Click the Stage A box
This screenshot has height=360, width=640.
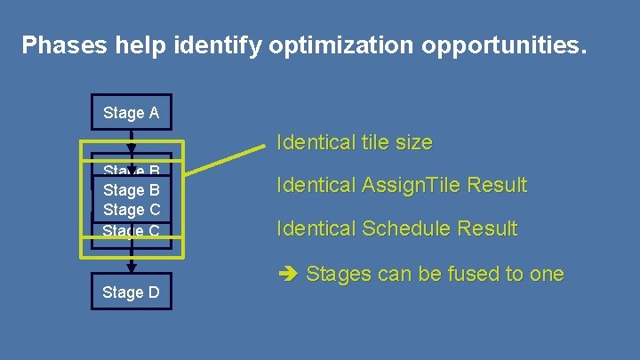(132, 113)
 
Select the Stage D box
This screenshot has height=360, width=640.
(132, 292)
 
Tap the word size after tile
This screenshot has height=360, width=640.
(414, 142)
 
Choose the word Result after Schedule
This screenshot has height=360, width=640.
(488, 228)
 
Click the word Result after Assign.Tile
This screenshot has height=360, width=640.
(498, 186)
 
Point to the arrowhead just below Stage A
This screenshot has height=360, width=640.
(132, 146)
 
